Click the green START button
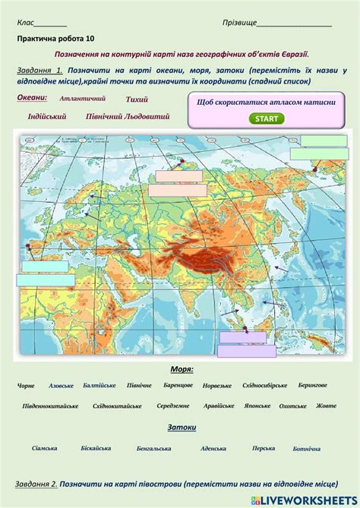pyautogui.click(x=266, y=118)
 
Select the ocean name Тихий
pyautogui.click(x=137, y=99)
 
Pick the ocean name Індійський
pyautogui.click(x=47, y=116)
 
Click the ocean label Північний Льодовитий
pyautogui.click(x=128, y=116)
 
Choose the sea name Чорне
pyautogui.click(x=26, y=386)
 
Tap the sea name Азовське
pyautogui.click(x=61, y=386)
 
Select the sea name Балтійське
pyautogui.click(x=99, y=385)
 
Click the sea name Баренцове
pyautogui.click(x=178, y=385)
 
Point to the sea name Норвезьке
pyautogui.click(x=217, y=385)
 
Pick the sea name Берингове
pyautogui.click(x=312, y=385)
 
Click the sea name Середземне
pyautogui.click(x=173, y=405)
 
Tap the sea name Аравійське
pyautogui.click(x=219, y=405)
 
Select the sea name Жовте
pyautogui.click(x=326, y=405)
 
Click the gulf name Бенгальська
pyautogui.click(x=154, y=448)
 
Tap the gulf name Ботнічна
pyautogui.click(x=306, y=448)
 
